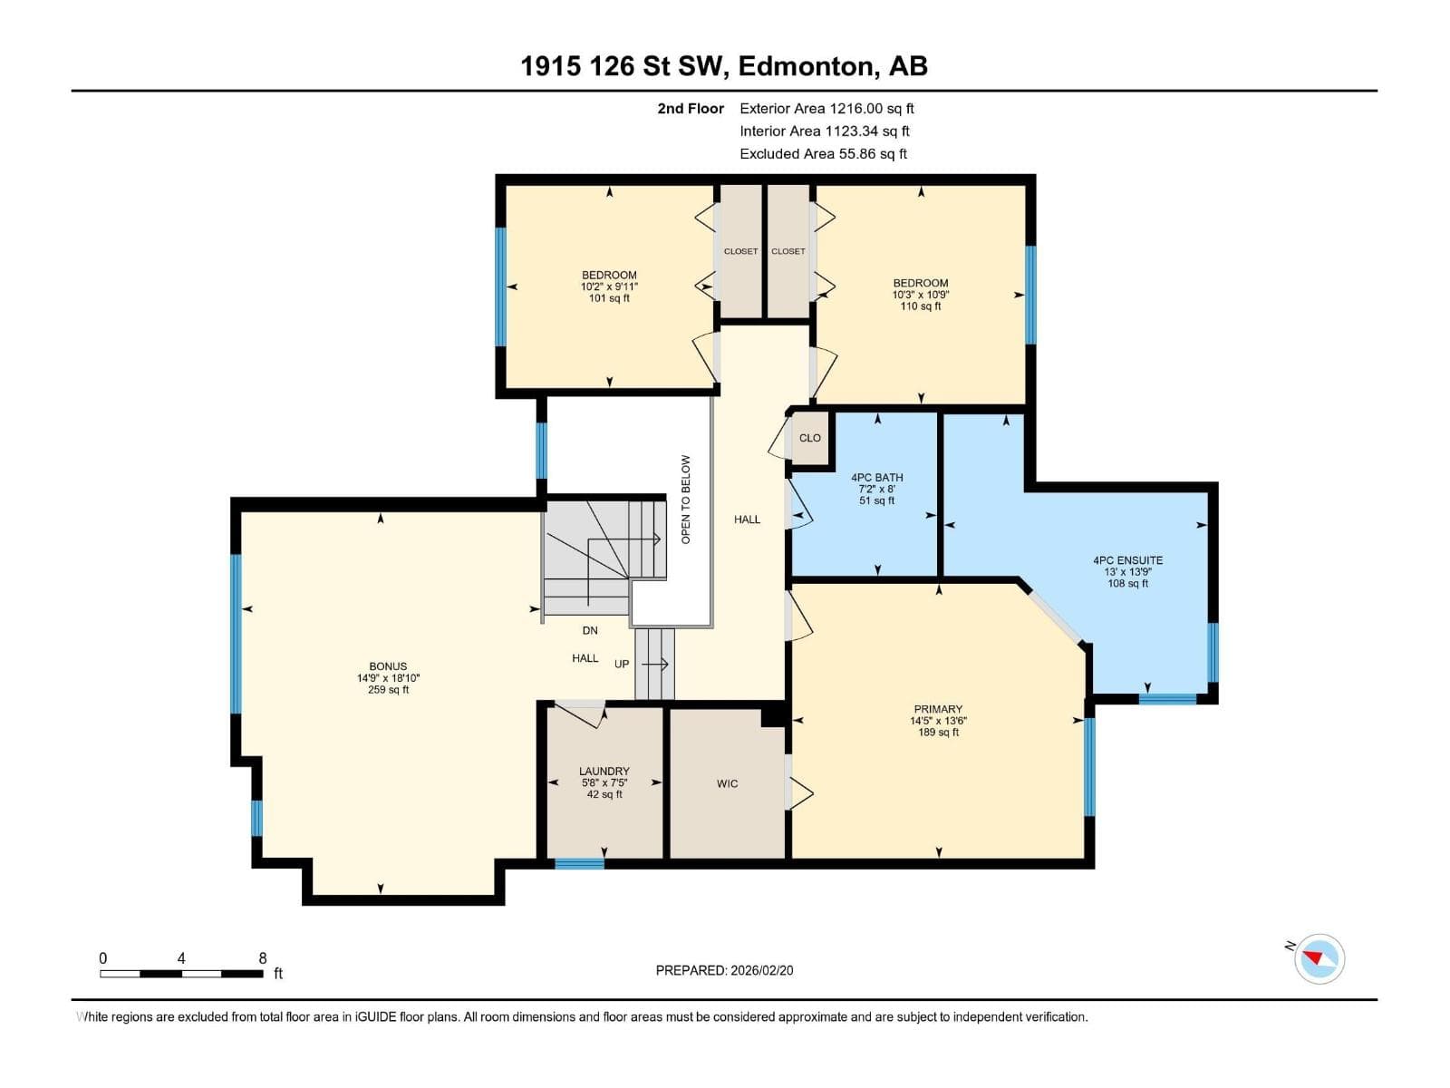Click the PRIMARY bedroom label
[x=938, y=709]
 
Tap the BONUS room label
[x=388, y=666]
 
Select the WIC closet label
[x=727, y=783]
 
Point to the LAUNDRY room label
[x=604, y=771]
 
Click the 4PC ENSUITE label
[x=1127, y=560]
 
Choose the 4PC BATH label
[x=876, y=477]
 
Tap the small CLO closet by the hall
[x=810, y=437]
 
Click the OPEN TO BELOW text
[x=686, y=500]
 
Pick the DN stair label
[x=590, y=630]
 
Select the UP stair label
[x=622, y=664]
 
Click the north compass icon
[x=1319, y=958]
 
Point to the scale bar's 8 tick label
[x=262, y=957]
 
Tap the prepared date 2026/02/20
[x=761, y=970]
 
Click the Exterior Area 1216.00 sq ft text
[x=827, y=108]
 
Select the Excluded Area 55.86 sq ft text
[x=823, y=154]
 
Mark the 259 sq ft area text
[x=388, y=690]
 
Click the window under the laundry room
[x=579, y=863]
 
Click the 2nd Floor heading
[x=691, y=108]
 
